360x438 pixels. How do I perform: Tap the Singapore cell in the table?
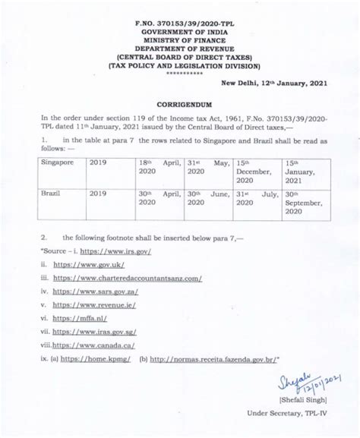[58, 162]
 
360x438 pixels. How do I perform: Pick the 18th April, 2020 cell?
[159, 167]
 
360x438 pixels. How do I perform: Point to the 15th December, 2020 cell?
[254, 172]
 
